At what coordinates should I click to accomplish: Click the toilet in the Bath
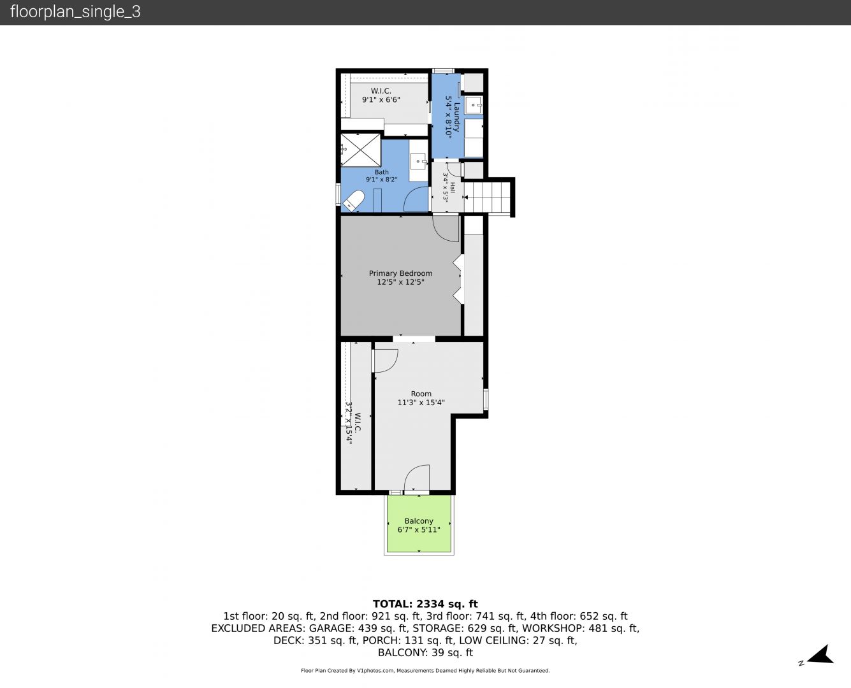tap(353, 201)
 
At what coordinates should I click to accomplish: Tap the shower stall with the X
tap(360, 150)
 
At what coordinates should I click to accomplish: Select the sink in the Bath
tap(419, 161)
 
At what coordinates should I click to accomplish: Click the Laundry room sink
tap(474, 105)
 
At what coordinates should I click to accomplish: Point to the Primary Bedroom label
tap(400, 278)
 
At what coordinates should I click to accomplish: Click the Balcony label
tap(419, 525)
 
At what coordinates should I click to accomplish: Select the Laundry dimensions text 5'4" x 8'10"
tap(449, 117)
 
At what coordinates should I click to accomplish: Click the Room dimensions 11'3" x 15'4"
tap(421, 402)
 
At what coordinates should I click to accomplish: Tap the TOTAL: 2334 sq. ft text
tap(425, 604)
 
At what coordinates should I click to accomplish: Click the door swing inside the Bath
tap(416, 199)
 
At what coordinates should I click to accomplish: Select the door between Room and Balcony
tap(417, 477)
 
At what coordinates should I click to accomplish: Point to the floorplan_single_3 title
tap(75, 12)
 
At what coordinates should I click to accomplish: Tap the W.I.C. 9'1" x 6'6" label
tap(381, 96)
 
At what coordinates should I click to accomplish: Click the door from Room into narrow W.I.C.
tap(385, 361)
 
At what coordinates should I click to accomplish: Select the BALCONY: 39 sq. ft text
tap(425, 652)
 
